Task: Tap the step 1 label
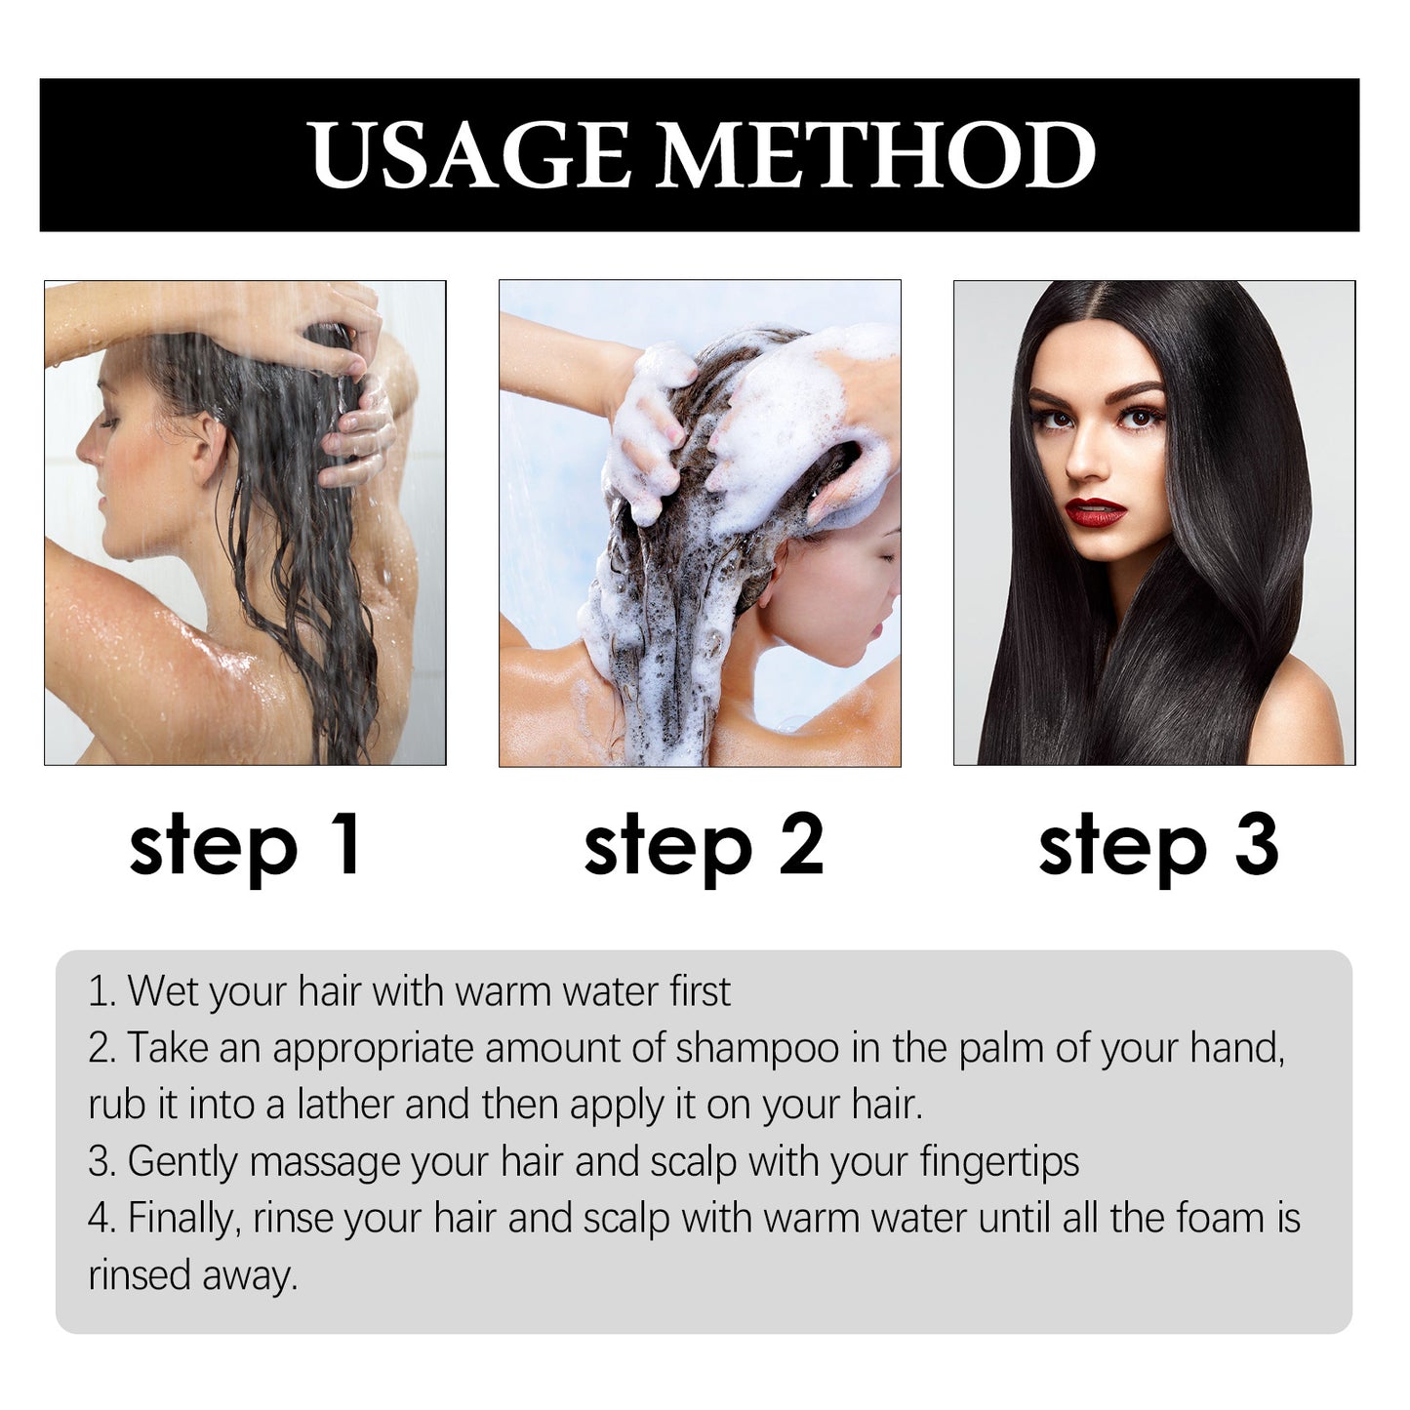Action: click(x=245, y=845)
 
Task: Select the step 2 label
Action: click(x=703, y=845)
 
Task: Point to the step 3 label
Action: click(x=1158, y=845)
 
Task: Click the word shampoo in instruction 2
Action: click(x=756, y=1048)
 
